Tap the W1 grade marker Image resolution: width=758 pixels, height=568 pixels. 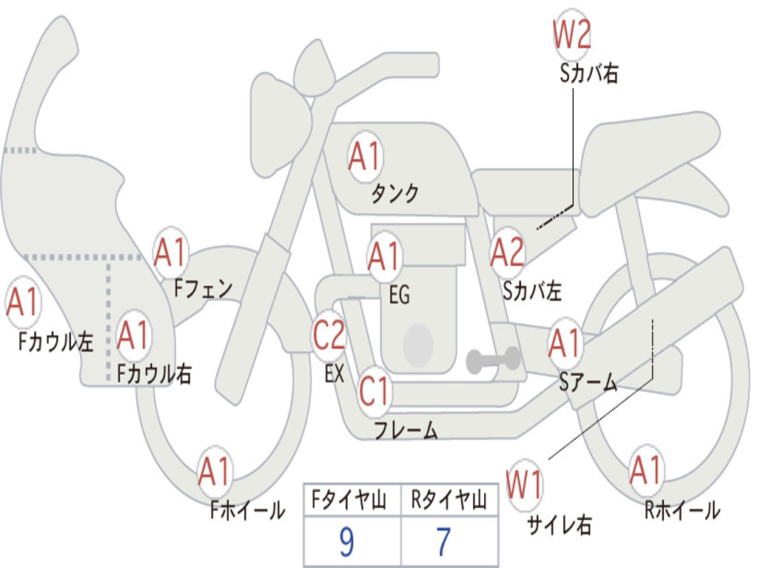tap(524, 486)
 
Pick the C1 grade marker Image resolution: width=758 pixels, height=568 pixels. tap(374, 390)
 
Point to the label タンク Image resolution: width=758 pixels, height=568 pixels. tap(395, 194)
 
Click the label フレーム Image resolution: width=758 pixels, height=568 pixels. tap(406, 430)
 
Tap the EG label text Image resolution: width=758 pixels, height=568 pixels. tap(398, 295)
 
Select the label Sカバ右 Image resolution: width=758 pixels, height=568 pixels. tap(588, 74)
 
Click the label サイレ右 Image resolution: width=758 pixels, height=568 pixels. tap(559, 524)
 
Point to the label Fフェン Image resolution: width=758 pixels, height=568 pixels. tap(203, 288)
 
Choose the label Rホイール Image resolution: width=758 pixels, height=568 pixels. tap(682, 510)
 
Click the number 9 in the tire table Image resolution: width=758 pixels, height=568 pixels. tap(346, 543)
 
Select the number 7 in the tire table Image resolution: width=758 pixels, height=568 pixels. tap(443, 543)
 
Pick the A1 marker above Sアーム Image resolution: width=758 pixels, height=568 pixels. tap(566, 343)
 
